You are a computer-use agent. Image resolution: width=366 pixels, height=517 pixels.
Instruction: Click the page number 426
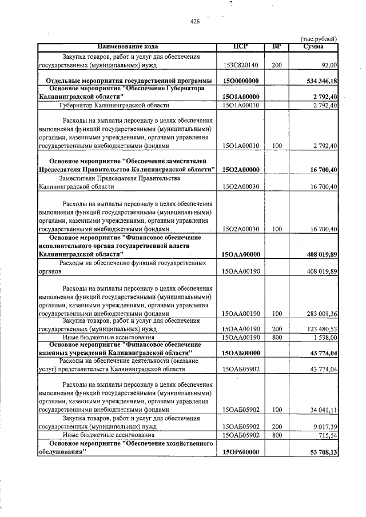(x=194, y=22)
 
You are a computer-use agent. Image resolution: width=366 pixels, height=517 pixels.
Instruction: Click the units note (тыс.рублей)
(x=319, y=39)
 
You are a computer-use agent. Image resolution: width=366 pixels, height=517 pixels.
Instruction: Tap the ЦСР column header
(x=241, y=46)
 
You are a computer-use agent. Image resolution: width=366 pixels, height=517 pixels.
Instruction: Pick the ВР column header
(x=277, y=46)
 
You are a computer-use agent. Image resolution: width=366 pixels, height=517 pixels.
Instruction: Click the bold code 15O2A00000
(x=241, y=170)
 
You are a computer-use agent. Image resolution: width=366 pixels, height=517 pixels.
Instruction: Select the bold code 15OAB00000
(x=241, y=354)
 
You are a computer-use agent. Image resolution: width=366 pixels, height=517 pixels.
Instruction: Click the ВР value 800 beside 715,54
(x=277, y=435)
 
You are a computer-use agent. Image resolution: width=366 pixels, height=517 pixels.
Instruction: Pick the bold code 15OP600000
(x=241, y=451)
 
